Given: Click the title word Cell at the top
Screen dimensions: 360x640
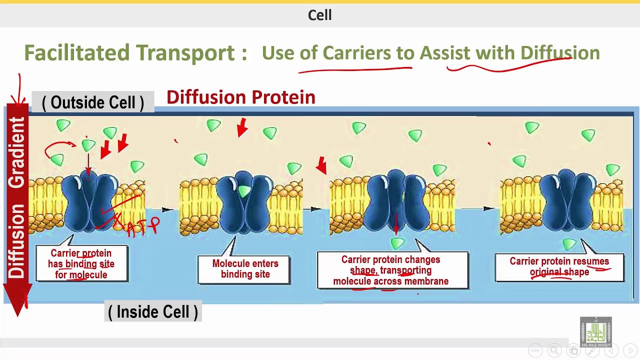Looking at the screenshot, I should pos(319,15).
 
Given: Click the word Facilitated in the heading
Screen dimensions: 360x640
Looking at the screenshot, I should pos(77,53).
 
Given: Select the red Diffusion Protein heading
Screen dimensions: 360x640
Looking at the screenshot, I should pos(240,97).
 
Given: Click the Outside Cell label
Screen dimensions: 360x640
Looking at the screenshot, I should pos(93,102).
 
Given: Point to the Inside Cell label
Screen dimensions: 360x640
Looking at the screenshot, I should pos(153,312).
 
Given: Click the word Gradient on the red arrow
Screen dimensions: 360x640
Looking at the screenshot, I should pos(17,152).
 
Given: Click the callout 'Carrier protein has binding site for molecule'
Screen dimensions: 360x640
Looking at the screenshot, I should pos(81,264).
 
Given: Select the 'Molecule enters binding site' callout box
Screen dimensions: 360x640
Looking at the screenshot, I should pos(245,269).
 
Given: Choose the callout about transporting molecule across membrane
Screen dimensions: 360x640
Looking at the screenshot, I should pos(391,270).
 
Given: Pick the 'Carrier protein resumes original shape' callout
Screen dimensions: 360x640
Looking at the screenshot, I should pos(559,267).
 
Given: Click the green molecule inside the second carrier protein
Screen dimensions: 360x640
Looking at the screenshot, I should pos(243,191).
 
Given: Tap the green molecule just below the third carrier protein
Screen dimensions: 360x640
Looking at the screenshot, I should pos(397,243).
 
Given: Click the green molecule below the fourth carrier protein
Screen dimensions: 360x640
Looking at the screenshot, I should pos(569,244).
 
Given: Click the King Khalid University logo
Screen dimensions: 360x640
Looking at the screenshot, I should pos(595,331).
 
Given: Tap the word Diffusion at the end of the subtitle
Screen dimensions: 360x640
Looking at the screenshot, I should pos(560,53).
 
